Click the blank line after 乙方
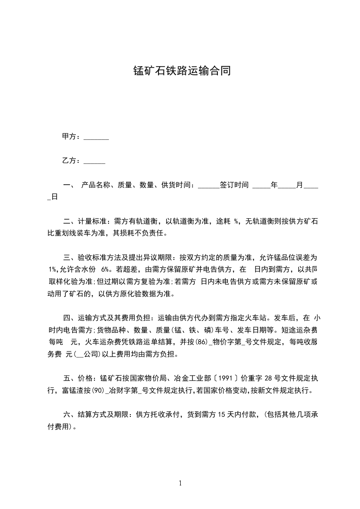coord(94,161)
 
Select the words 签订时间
coord(234,185)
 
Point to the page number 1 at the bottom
coord(180,483)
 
